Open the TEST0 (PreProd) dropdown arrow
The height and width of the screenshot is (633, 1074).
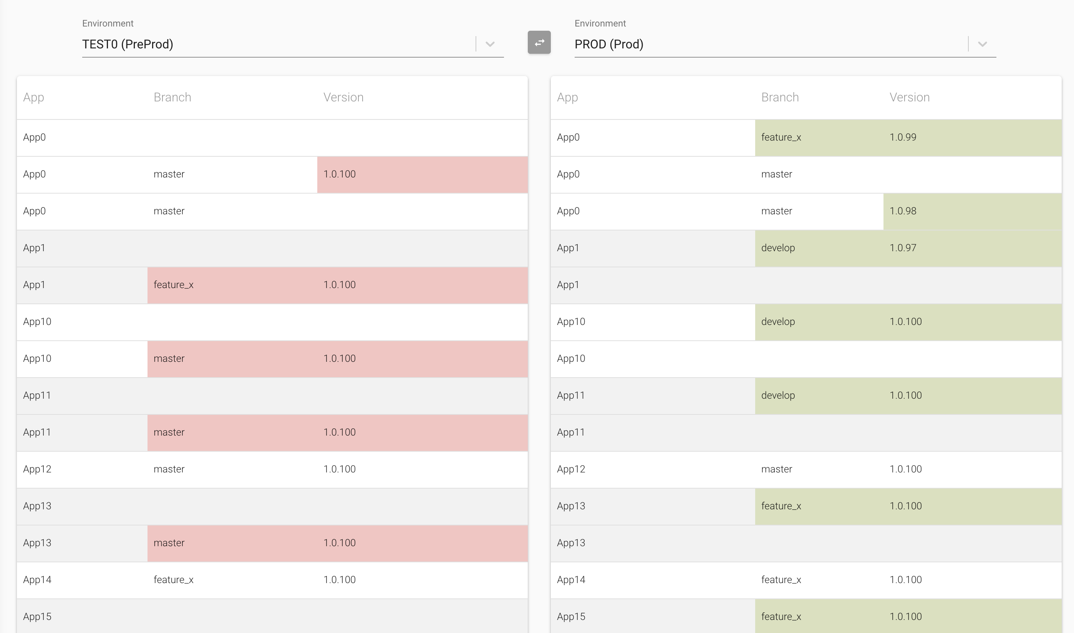[x=490, y=44]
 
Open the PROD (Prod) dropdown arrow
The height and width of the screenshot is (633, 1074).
[x=982, y=44]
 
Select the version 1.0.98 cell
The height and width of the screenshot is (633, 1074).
[x=903, y=211]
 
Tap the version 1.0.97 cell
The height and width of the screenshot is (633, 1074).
[x=903, y=248]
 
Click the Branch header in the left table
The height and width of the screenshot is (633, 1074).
[x=172, y=97]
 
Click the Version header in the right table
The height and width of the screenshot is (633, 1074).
[x=909, y=97]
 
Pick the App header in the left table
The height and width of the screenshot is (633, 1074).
[x=34, y=97]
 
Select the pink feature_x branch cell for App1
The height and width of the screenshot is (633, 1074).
[x=174, y=285]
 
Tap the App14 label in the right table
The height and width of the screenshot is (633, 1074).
[x=571, y=580]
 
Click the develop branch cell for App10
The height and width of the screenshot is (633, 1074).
[x=778, y=321]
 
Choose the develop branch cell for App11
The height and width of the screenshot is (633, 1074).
[x=778, y=395]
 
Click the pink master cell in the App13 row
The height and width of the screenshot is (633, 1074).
[x=169, y=543]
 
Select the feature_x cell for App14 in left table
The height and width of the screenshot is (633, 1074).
[x=174, y=580]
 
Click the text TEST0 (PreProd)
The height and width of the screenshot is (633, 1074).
[x=128, y=44]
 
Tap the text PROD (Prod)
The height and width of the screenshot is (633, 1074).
[x=609, y=44]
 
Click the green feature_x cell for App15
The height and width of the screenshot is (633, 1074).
[x=781, y=617]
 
